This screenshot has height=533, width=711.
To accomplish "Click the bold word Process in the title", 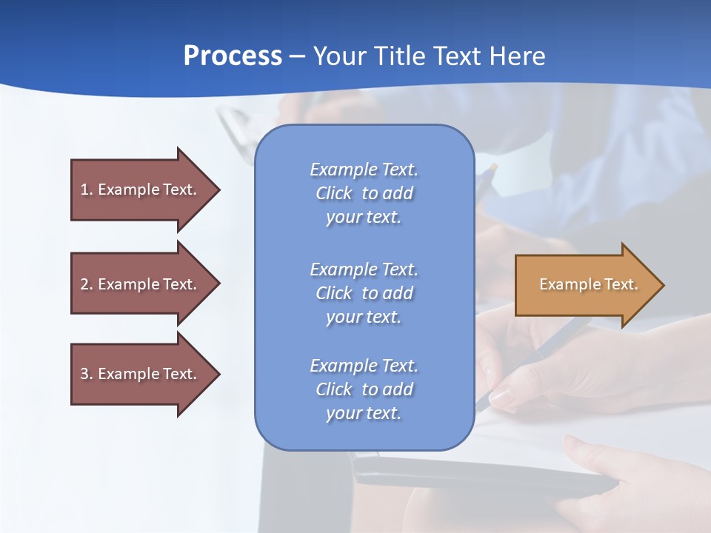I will (x=233, y=56).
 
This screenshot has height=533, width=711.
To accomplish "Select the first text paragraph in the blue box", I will (x=364, y=193).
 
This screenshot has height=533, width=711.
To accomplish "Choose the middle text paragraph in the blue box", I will (x=364, y=293).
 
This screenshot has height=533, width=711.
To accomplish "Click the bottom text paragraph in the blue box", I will (x=364, y=389).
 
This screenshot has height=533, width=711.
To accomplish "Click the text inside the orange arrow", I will (x=588, y=284).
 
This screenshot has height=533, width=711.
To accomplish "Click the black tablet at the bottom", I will (x=481, y=474).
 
